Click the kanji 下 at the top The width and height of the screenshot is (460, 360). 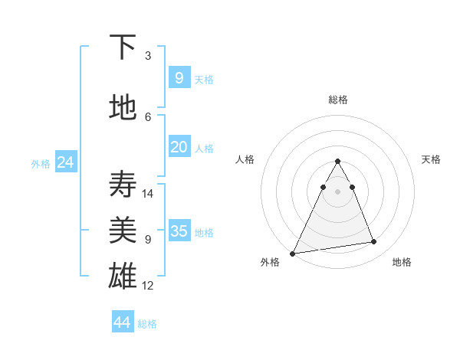(123, 47)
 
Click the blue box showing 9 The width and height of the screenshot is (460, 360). (179, 77)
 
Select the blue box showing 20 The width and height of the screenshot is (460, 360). (179, 147)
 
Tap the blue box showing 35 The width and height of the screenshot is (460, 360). (179, 231)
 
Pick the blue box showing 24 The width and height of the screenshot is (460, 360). (66, 162)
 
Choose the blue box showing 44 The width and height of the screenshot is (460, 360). (123, 322)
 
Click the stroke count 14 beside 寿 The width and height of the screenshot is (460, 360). (148, 193)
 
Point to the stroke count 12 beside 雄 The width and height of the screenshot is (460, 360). (148, 286)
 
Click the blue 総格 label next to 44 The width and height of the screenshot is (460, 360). (147, 324)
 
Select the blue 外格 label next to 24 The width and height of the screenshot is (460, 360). (41, 163)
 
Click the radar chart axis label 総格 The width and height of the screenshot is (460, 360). (337, 100)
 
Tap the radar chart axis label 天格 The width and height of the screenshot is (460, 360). (432, 159)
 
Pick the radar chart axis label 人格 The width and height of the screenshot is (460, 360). (245, 159)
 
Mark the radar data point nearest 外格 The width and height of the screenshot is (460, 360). (293, 253)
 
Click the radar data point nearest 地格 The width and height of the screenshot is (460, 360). (374, 242)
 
